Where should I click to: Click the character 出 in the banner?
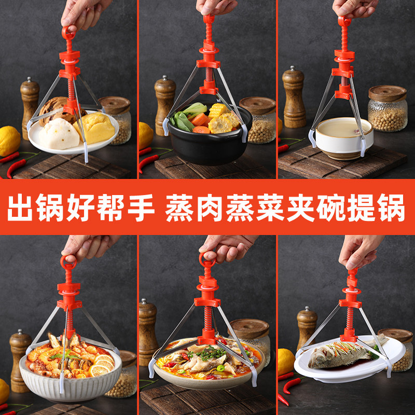click(22, 208)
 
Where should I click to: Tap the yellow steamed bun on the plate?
click(96, 128)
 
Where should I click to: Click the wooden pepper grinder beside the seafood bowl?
click(20, 361)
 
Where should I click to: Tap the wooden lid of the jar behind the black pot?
click(257, 104)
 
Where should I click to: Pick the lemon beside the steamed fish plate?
click(286, 361)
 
